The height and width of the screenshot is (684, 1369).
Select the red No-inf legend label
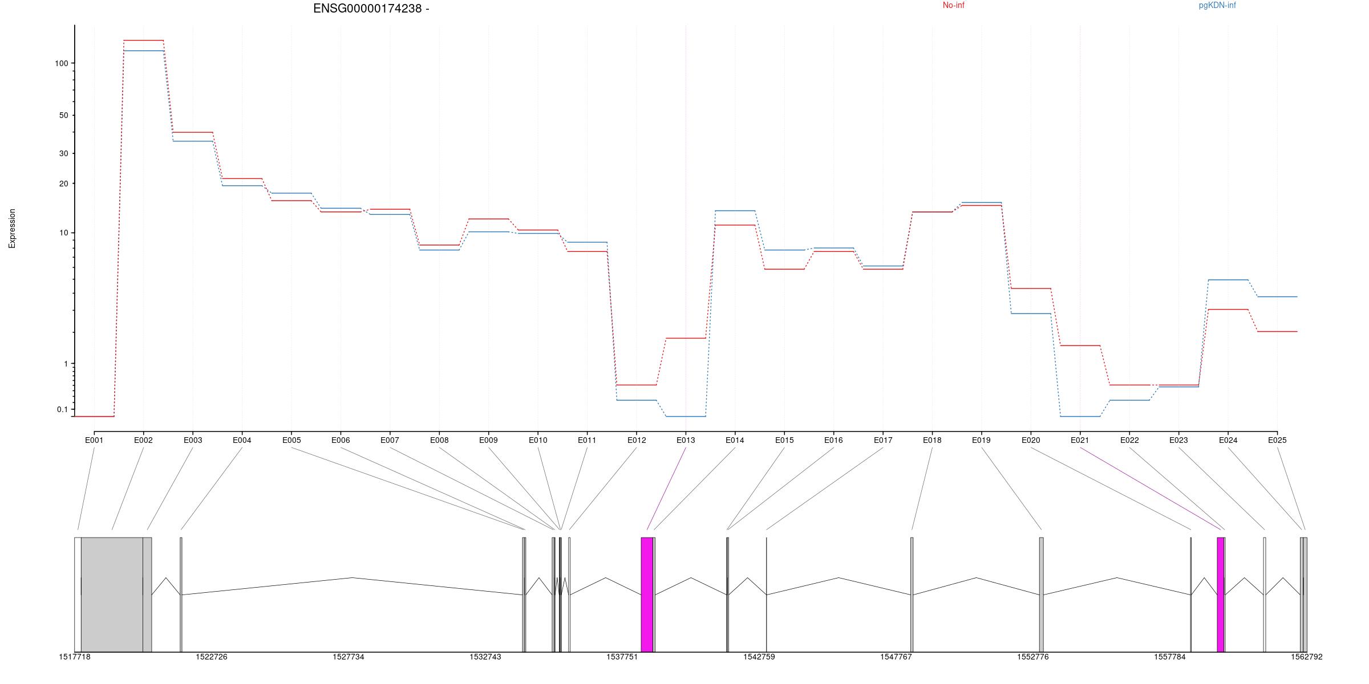tap(953, 6)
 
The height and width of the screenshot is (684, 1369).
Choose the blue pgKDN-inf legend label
tap(1217, 6)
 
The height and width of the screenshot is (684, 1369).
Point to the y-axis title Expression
tap(12, 228)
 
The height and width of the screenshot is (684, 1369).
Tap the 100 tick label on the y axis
tap(61, 63)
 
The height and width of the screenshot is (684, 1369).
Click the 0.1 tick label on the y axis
tap(62, 409)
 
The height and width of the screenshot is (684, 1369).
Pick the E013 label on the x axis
tap(686, 440)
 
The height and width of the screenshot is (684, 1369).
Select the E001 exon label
tap(94, 440)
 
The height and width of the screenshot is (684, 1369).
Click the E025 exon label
tap(1277, 440)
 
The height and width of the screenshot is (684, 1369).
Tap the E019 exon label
tap(981, 440)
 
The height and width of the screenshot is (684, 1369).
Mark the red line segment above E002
tap(144, 40)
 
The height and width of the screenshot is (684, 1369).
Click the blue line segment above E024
tap(1228, 280)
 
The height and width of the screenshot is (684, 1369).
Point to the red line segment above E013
tap(686, 338)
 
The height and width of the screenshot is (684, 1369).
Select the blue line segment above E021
tap(1080, 416)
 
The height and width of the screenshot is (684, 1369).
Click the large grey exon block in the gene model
tap(112, 594)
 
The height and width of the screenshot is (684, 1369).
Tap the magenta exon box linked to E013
tap(647, 594)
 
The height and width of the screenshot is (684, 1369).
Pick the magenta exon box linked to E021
tap(1220, 594)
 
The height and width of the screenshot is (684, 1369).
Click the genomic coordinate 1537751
tap(622, 657)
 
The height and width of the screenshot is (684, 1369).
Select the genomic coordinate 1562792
tap(1306, 657)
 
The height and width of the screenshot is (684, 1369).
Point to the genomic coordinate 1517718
tap(75, 657)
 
